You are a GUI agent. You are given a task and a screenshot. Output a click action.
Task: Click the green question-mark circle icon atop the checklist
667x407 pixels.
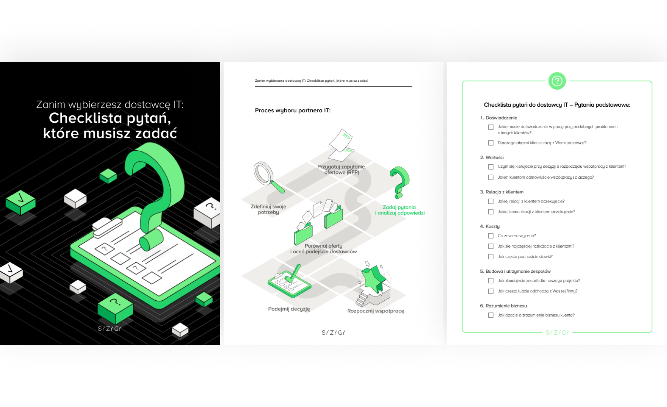pos(557,81)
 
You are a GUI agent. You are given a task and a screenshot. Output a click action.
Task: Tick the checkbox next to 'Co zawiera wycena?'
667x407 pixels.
pos(491,236)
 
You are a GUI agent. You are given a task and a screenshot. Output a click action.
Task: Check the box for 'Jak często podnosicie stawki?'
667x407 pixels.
pos(491,257)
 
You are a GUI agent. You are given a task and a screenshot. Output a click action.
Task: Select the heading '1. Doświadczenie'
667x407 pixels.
pos(498,118)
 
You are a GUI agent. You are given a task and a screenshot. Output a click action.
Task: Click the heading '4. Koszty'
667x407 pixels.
pos(490,226)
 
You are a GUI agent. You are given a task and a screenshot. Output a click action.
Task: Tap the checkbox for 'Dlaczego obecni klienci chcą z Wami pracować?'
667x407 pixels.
pos(491,143)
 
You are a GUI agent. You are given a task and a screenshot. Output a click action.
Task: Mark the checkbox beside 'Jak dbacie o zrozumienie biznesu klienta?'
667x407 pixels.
pos(491,315)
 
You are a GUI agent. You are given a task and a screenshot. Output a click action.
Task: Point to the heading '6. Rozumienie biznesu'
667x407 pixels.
pos(503,306)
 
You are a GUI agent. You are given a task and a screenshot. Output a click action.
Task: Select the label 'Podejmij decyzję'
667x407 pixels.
pos(289,309)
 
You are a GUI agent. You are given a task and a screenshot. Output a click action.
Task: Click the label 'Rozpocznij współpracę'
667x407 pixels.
pos(376,311)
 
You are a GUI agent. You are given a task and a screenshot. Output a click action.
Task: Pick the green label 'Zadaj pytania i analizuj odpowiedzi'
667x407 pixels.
pos(400,210)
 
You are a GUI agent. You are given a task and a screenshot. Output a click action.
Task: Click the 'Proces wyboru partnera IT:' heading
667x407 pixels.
pos(293,110)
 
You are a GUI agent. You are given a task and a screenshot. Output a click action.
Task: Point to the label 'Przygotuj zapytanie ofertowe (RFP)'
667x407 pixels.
pos(341,170)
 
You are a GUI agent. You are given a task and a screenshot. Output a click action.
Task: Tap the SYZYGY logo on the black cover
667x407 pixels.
pos(109,329)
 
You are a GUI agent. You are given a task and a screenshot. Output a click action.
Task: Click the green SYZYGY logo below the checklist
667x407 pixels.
pos(557,333)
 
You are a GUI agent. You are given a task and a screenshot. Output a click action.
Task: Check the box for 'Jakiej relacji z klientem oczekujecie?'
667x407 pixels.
pos(491,201)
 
